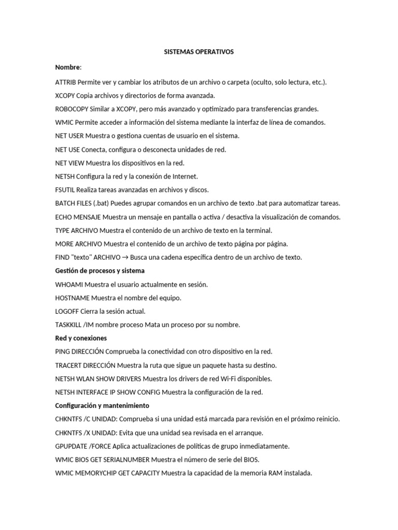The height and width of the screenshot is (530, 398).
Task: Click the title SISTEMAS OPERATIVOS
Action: [x=199, y=52]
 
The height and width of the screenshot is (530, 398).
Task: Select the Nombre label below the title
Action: [x=67, y=68]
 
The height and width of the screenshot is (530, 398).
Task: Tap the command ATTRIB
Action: [x=65, y=82]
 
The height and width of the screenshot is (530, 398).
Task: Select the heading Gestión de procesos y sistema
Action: [x=100, y=271]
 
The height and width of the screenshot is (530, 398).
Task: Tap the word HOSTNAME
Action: [x=72, y=298]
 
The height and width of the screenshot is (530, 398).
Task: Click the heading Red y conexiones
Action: [x=81, y=338]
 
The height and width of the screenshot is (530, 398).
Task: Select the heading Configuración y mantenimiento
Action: [x=102, y=405]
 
